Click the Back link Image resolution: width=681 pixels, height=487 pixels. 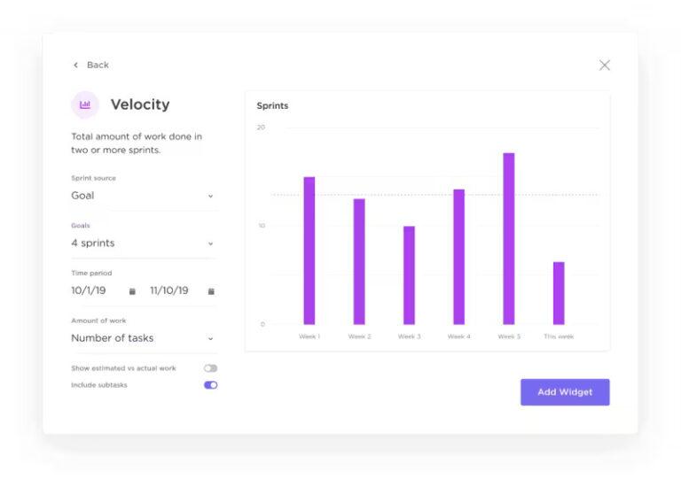click(91, 65)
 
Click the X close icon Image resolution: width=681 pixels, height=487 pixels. click(605, 65)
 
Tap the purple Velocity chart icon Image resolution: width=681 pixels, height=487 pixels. click(85, 104)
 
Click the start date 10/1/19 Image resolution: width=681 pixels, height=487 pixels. click(89, 290)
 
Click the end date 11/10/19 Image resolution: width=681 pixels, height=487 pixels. click(169, 290)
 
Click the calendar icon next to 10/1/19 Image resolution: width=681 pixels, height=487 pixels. click(132, 290)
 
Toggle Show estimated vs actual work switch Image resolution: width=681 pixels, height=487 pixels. click(210, 368)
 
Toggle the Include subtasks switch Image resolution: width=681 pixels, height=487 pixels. click(210, 385)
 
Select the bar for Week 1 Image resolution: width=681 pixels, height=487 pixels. click(309, 251)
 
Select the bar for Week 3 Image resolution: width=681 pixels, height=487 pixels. click(409, 275)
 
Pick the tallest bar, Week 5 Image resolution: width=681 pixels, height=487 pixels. click(509, 239)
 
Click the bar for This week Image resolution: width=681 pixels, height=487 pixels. click(559, 293)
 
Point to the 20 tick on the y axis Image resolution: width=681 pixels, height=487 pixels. click(261, 128)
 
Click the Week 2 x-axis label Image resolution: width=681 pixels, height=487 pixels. click(359, 336)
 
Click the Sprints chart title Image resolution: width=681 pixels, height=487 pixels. click(272, 106)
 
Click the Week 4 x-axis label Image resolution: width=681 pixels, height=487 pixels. click(458, 336)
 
